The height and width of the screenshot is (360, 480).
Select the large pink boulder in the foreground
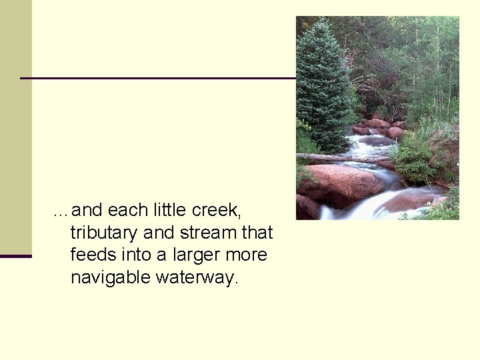[x=340, y=183]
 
